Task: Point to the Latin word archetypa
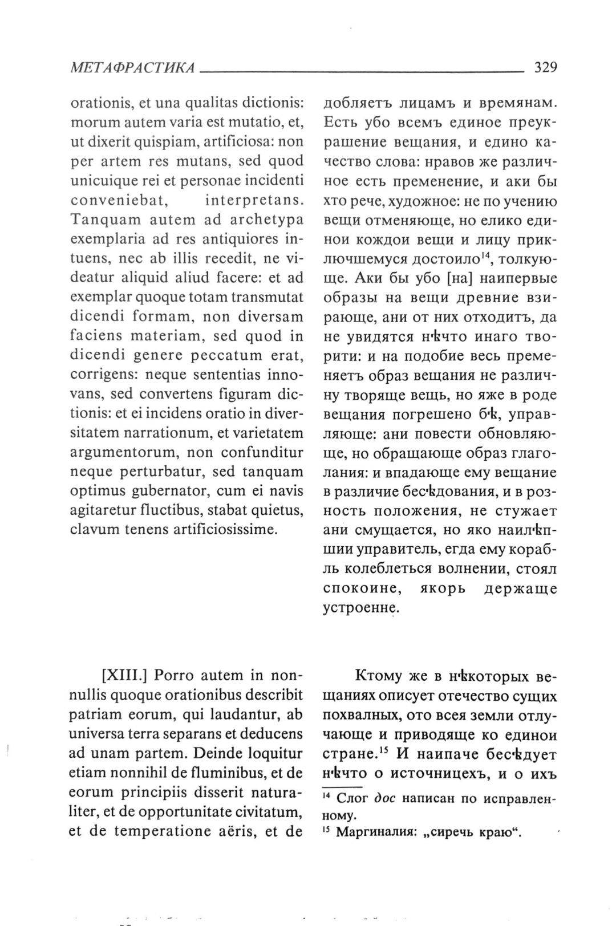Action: click(268, 220)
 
